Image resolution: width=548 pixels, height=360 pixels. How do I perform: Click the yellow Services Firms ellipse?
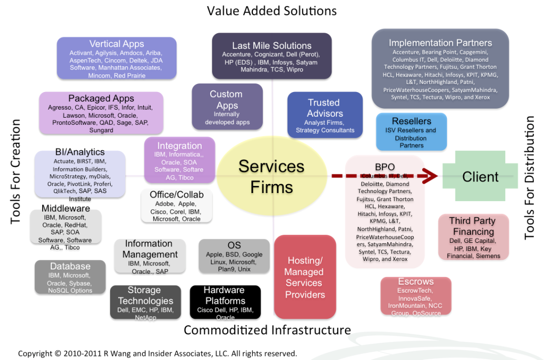271,176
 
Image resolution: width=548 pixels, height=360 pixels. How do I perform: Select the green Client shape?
480,176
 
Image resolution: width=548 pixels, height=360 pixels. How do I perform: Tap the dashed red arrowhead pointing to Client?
428,176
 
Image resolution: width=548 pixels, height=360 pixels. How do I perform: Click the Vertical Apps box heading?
117,44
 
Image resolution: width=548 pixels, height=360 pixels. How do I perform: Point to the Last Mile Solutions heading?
271,46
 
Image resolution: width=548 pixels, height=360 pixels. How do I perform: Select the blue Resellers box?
411,132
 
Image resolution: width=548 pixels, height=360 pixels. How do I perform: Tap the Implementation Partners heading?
440,43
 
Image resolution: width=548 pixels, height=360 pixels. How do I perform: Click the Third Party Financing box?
473,237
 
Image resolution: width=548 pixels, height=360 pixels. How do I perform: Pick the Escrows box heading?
416,282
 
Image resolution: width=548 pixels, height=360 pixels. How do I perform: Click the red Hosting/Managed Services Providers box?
305,277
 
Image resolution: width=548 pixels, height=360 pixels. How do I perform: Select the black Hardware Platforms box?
225,302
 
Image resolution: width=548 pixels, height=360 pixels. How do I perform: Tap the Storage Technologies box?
145,302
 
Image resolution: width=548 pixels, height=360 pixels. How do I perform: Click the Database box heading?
70,266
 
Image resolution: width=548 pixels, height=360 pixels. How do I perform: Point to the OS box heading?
234,245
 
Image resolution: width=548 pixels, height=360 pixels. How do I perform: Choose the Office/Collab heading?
176,195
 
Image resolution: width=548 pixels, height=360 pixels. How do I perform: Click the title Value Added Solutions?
272,11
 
